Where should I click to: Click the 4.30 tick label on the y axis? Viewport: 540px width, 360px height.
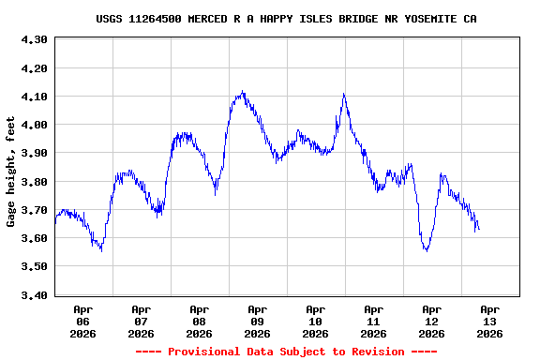tap(34, 39)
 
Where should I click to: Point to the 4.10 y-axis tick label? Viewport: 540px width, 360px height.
tap(34, 97)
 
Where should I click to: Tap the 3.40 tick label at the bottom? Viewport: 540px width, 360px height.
tap(34, 295)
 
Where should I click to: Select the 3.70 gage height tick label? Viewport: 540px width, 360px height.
tap(34, 210)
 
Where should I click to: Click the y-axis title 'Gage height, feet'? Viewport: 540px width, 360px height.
tap(11, 172)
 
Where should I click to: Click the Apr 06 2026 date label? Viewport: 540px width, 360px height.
tap(83, 321)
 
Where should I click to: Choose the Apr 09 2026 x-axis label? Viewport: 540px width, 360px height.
tap(258, 321)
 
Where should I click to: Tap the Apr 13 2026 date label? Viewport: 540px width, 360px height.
tap(490, 321)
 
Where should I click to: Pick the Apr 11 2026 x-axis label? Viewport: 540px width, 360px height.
tap(374, 321)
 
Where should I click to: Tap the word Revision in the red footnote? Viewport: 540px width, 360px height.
tap(375, 352)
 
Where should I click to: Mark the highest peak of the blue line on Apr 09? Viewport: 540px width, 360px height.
tap(242, 92)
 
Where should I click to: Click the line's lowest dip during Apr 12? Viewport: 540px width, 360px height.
tap(427, 250)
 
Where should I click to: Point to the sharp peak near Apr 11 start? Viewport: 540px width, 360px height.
tap(344, 94)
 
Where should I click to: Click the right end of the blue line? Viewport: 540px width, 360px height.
tap(479, 230)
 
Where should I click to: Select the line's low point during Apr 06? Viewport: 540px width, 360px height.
tap(100, 250)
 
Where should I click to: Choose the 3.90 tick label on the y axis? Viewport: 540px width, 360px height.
tap(34, 153)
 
